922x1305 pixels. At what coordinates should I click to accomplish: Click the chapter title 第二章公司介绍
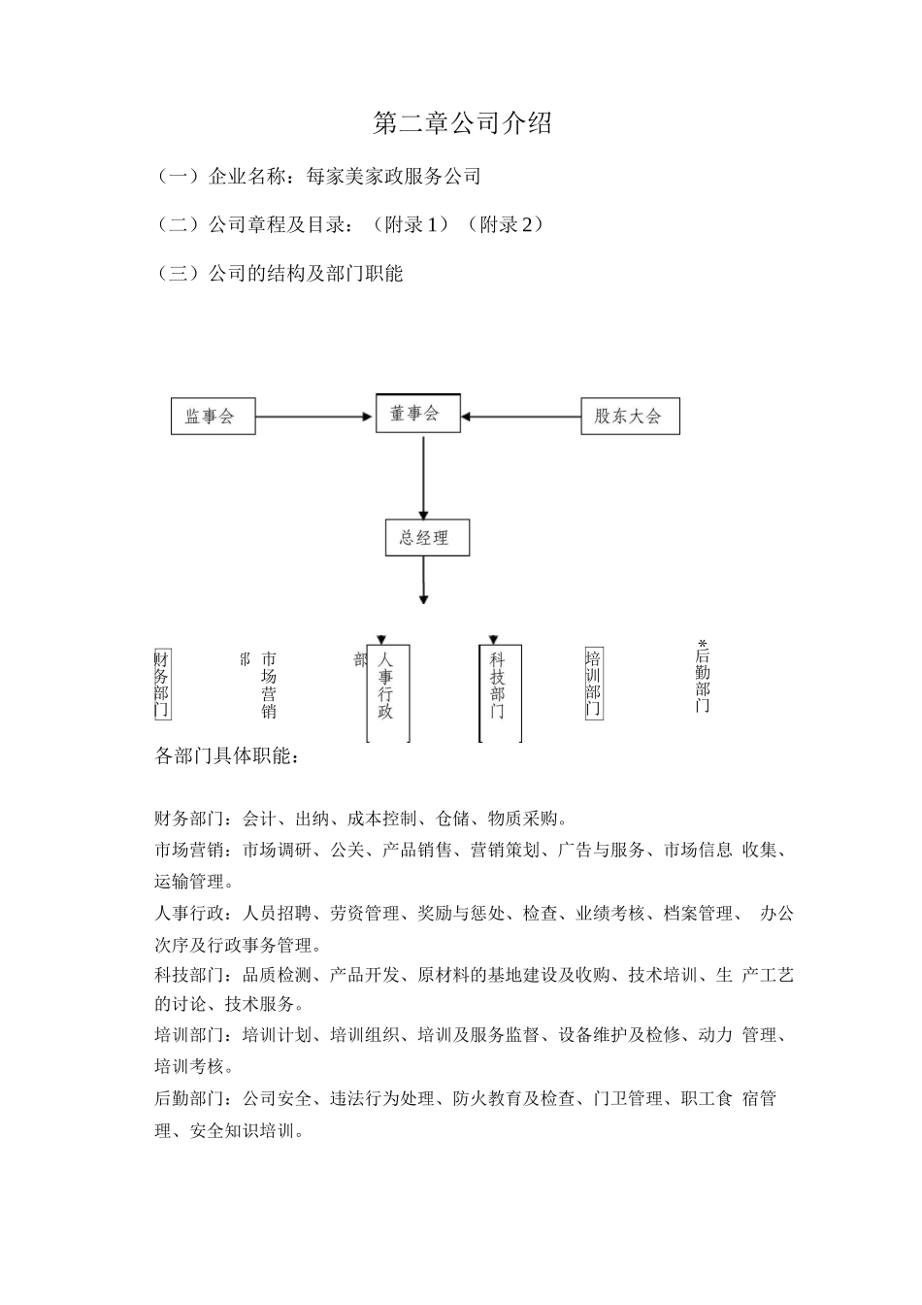tap(462, 123)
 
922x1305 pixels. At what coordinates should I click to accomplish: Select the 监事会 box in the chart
tap(213, 417)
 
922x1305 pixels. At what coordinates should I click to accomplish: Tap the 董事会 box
tap(417, 414)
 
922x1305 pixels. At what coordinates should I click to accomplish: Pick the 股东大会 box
tap(629, 417)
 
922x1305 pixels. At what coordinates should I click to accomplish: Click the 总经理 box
tap(427, 537)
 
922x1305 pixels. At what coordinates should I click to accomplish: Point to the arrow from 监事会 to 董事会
tap(314, 417)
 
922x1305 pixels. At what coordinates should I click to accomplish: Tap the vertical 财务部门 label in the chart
tap(162, 684)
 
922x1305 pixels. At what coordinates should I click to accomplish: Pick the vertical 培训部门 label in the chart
tap(593, 684)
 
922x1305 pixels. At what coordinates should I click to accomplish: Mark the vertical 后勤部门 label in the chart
tap(703, 680)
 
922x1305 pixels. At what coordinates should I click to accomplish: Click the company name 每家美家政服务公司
tap(393, 177)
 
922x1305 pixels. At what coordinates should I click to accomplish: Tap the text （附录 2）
tap(506, 224)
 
